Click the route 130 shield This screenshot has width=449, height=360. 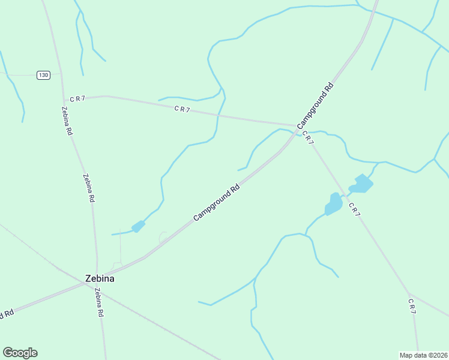click(43, 75)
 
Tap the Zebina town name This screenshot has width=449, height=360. click(99, 278)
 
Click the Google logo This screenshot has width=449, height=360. click(20, 353)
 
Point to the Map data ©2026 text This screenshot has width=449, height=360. click(423, 355)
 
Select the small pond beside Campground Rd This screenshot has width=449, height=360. click(138, 226)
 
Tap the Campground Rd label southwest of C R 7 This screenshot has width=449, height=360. click(217, 202)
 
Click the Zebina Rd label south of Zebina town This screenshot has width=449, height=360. click(99, 302)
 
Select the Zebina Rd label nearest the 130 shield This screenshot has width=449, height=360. click(67, 121)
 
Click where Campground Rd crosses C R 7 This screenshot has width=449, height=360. click(297, 127)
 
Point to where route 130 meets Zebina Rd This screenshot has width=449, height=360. click(61, 75)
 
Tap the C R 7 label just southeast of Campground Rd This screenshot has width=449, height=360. click(307, 137)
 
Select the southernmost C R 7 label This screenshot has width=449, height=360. click(412, 305)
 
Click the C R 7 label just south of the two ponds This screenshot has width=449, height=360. click(354, 209)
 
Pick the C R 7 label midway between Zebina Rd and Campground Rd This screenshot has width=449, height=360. click(182, 109)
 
